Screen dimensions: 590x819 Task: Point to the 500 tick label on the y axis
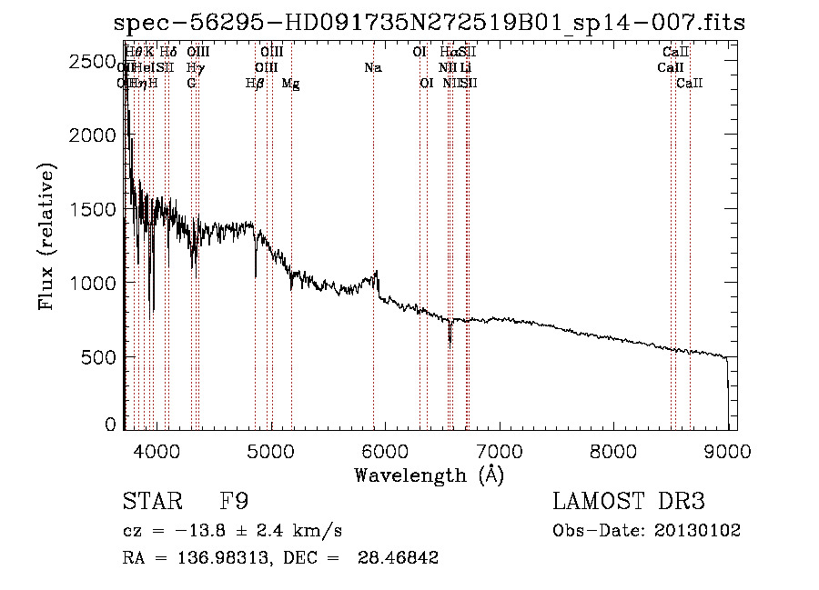tap(99, 356)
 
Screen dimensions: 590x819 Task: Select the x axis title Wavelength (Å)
tap(429, 475)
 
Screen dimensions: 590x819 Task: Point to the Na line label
tap(372, 67)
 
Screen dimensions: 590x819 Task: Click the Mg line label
tap(291, 83)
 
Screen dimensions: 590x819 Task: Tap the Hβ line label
tap(255, 83)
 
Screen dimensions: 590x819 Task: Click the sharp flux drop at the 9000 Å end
tap(727, 377)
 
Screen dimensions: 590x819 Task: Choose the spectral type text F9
tap(235, 502)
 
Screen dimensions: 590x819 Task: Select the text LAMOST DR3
tap(629, 502)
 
